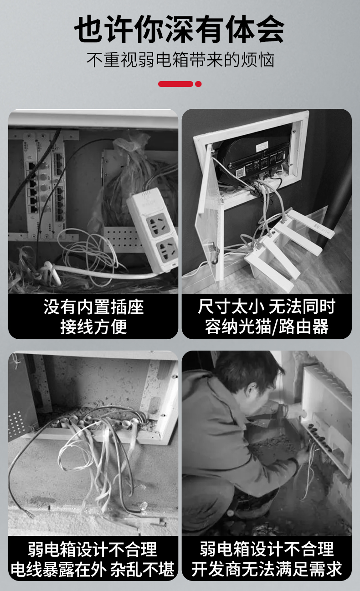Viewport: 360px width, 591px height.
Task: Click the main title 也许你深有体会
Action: [x=180, y=29]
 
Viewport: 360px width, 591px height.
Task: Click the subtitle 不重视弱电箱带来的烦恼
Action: [x=180, y=60]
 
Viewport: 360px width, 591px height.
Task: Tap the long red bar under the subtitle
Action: [x=175, y=84]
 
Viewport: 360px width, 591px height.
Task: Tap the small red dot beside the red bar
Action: [x=198, y=84]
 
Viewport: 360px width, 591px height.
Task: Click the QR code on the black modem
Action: [x=240, y=173]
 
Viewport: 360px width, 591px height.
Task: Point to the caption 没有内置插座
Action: [x=93, y=307]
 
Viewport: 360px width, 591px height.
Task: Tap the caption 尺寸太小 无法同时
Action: [x=267, y=306]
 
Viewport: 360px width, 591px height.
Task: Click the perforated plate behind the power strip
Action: [x=122, y=239]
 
